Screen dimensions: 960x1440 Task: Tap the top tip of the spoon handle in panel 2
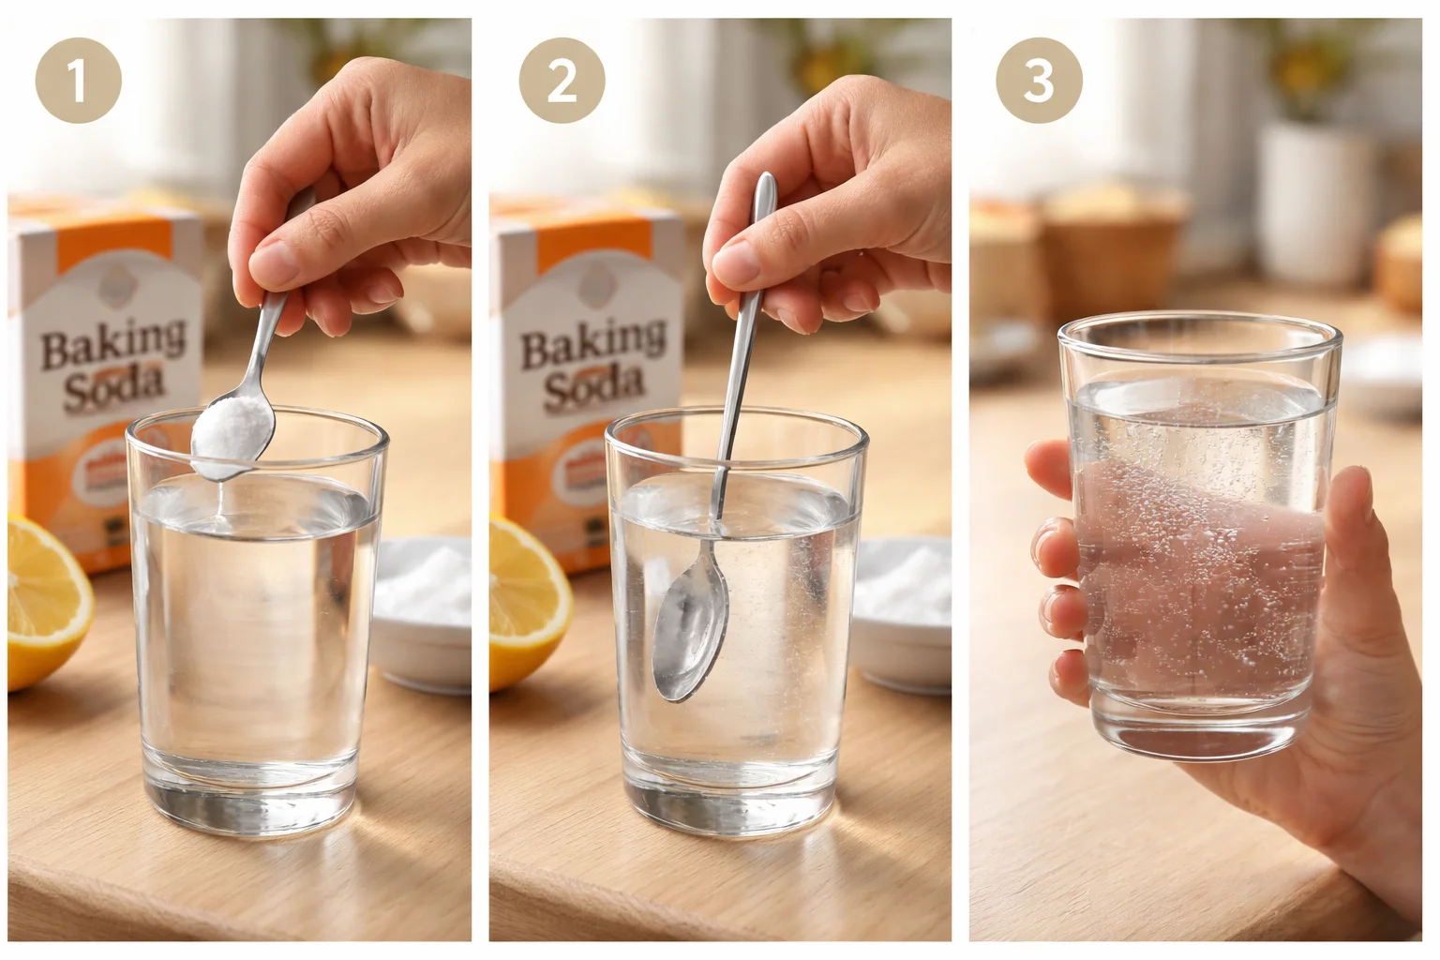(x=767, y=180)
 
